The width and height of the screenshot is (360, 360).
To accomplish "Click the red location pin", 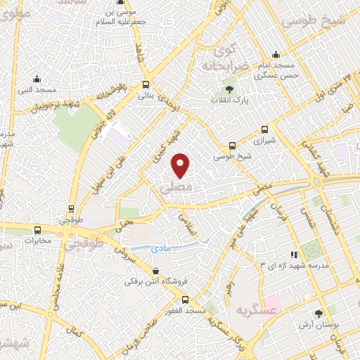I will (181, 165).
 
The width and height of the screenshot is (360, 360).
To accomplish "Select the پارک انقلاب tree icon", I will (229, 89).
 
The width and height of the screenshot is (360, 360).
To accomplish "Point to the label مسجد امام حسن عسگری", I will (278, 69).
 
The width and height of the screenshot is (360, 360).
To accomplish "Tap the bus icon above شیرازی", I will (265, 129).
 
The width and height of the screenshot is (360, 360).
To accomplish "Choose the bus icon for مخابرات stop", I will (37, 229).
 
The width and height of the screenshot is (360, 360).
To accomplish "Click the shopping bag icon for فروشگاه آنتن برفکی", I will (155, 270).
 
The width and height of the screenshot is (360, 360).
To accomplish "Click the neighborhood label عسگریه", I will (257, 309).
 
